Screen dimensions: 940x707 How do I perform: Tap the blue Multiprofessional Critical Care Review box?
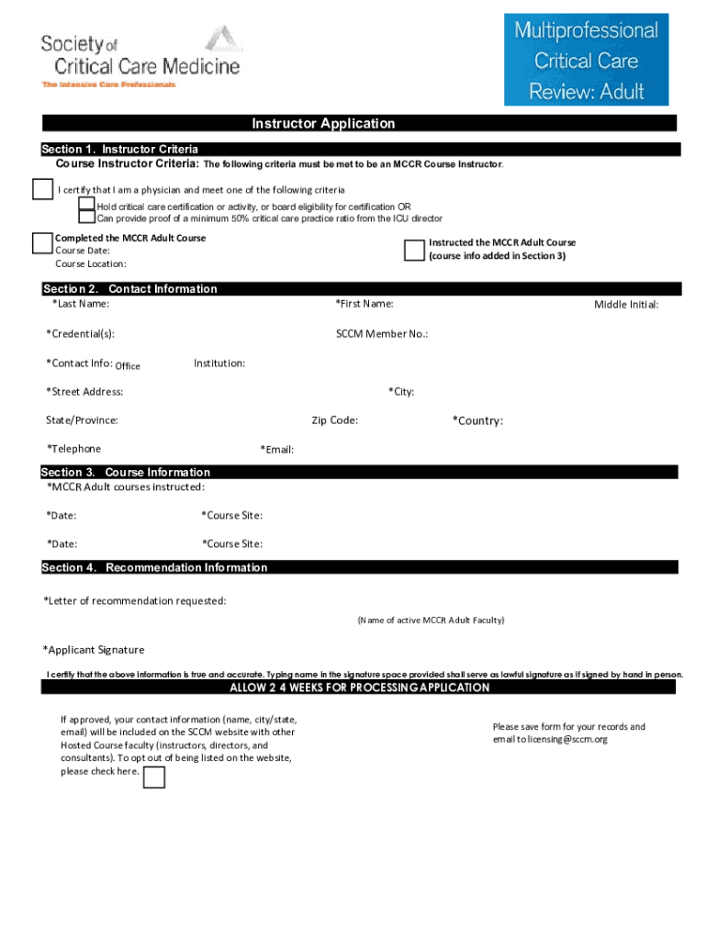tap(586, 60)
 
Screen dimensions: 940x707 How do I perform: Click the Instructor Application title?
tap(323, 123)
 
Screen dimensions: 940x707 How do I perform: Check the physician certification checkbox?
tap(42, 189)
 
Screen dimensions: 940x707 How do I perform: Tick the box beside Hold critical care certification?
tap(86, 205)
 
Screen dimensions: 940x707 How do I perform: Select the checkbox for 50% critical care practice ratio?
tap(86, 218)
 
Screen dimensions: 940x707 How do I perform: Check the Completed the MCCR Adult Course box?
tap(42, 242)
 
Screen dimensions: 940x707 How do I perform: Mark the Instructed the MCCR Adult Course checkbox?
tap(414, 251)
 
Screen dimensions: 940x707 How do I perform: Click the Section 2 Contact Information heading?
tap(129, 289)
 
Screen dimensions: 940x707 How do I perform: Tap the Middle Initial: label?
tap(625, 305)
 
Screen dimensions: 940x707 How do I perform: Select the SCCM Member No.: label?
tap(382, 334)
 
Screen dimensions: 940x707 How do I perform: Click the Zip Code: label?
tap(334, 420)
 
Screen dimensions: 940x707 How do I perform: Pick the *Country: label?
tap(477, 420)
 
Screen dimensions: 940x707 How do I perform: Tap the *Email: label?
tap(276, 449)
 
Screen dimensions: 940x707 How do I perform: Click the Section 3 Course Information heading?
tap(126, 472)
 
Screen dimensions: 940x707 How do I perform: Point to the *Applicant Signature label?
tap(94, 650)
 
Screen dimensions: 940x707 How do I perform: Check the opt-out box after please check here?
tap(154, 778)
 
